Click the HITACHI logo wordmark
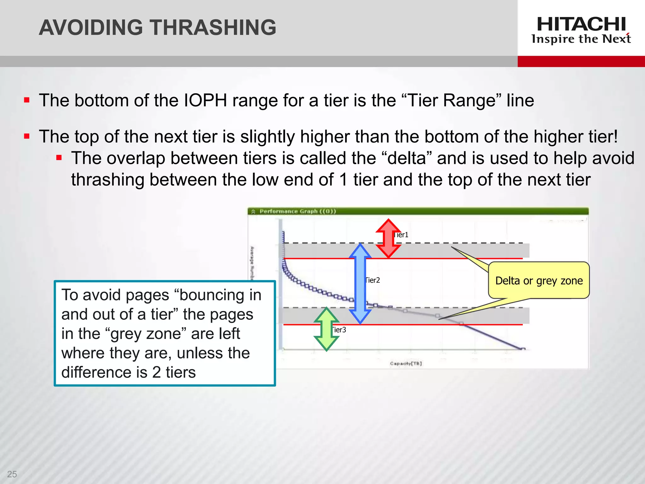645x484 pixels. [581, 24]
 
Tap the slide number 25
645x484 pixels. [12, 474]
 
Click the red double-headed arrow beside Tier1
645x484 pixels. [388, 239]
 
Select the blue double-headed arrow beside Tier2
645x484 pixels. [360, 284]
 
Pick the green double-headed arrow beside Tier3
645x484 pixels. [327, 329]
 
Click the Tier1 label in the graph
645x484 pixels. [401, 235]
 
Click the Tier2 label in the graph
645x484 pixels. [373, 280]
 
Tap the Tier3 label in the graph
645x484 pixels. [339, 330]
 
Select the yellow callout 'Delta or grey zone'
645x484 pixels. [539, 280]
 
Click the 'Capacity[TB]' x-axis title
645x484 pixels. [406, 363]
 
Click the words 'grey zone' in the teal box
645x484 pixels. [148, 334]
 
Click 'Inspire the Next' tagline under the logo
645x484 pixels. [581, 39]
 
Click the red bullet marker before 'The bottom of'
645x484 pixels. [27, 101]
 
